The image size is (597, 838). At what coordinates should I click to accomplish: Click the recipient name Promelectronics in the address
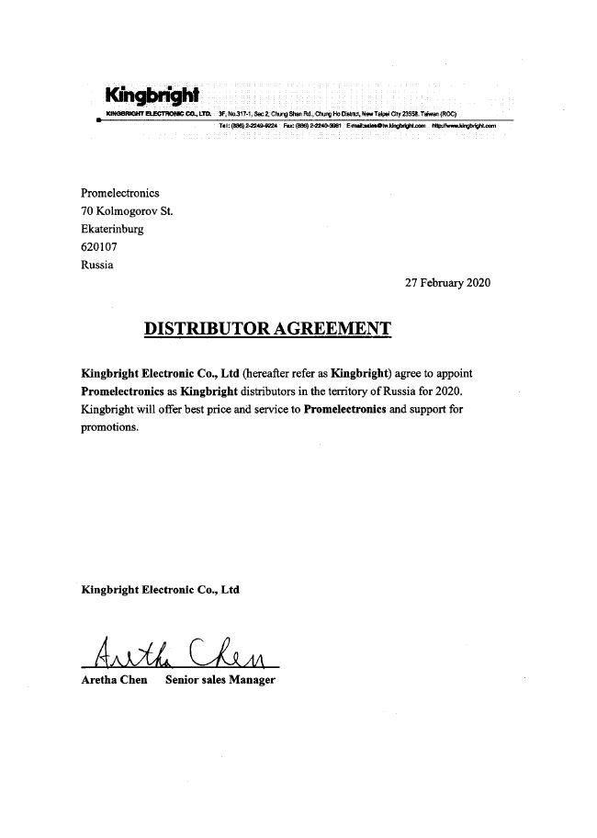tap(120, 193)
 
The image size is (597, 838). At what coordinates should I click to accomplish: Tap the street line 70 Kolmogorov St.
tap(127, 211)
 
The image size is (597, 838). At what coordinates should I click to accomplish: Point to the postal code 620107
tap(99, 247)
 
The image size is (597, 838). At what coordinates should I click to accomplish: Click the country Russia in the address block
tap(97, 266)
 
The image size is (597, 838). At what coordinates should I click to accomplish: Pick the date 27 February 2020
tap(448, 283)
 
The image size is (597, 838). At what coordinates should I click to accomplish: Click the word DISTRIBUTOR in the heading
tap(201, 328)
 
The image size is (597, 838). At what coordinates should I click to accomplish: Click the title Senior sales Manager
tap(220, 680)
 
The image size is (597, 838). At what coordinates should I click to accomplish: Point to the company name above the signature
tap(161, 590)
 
